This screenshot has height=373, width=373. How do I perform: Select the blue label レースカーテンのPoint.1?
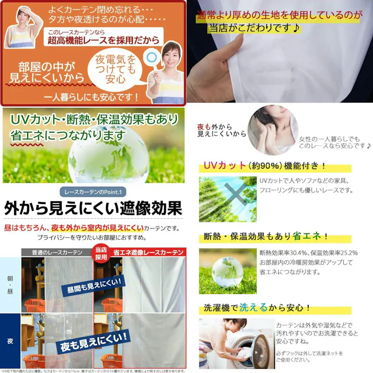[92, 191]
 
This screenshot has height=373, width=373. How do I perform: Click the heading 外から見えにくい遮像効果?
[93, 209]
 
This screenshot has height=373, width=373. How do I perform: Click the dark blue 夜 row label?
[10, 341]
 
